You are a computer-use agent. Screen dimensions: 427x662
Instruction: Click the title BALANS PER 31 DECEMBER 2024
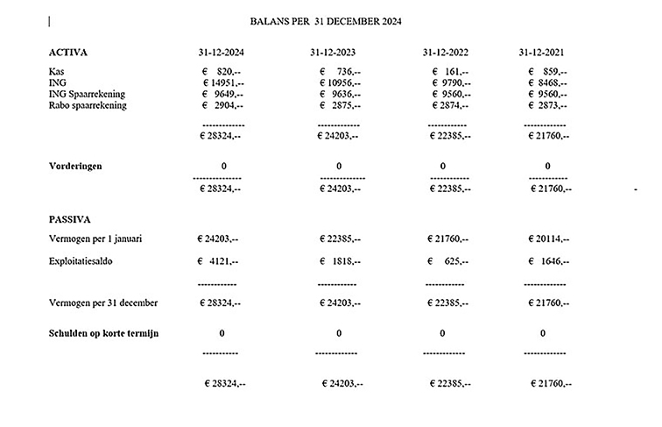[326, 20]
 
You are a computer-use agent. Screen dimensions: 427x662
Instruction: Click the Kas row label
[57, 71]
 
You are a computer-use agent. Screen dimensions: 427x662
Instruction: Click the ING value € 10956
[339, 82]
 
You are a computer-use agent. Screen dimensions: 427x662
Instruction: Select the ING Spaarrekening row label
[88, 94]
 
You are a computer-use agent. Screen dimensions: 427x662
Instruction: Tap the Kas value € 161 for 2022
[451, 72]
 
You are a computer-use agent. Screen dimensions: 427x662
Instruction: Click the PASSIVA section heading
[71, 218]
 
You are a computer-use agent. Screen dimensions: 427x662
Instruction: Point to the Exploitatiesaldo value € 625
[449, 260]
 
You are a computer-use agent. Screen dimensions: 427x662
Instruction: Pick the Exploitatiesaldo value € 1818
[339, 260]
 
